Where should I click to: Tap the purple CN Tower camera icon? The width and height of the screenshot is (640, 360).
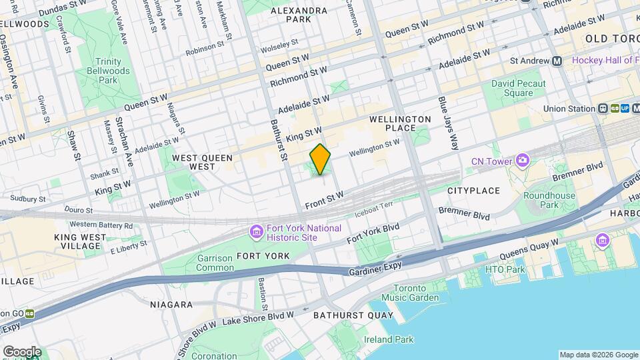click(522, 161)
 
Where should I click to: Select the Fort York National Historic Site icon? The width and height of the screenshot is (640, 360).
click(256, 233)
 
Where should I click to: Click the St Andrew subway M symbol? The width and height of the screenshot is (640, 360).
click(557, 61)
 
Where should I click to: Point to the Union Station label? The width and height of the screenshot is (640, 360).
click(568, 109)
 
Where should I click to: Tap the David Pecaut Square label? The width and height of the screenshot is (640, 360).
click(518, 89)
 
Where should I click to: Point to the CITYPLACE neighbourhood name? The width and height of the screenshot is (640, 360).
click(473, 191)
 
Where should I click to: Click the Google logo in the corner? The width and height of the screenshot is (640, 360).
click(22, 351)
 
